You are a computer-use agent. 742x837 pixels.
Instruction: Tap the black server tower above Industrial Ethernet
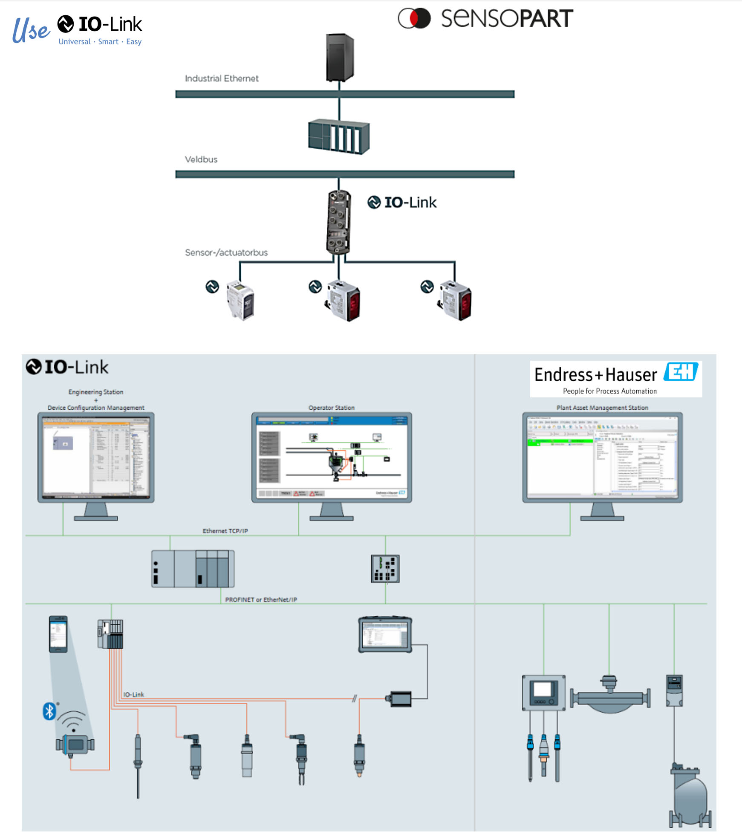tap(340, 57)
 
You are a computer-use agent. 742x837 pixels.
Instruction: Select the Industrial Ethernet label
tap(221, 78)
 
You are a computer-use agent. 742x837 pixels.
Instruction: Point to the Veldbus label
tap(201, 159)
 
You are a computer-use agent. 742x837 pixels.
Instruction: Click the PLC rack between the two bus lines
tap(339, 136)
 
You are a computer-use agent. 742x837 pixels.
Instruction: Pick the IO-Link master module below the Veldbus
tap(339, 222)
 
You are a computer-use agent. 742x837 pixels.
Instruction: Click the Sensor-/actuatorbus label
tap(226, 252)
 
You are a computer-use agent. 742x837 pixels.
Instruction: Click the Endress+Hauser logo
tap(615, 379)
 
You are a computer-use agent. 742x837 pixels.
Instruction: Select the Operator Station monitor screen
tap(332, 457)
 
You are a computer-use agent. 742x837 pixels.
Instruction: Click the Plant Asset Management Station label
tap(602, 408)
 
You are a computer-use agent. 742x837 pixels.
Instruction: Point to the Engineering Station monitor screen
tap(96, 456)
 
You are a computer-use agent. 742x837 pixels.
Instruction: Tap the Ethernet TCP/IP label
tap(225, 531)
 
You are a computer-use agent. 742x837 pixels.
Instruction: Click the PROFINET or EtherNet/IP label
tap(261, 600)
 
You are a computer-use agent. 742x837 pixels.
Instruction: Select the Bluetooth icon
tap(49, 711)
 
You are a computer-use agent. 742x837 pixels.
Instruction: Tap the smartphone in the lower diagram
tap(58, 634)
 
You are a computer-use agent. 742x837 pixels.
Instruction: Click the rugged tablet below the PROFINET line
tap(385, 634)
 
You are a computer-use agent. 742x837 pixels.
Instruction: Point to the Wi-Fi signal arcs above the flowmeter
tap(72, 721)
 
